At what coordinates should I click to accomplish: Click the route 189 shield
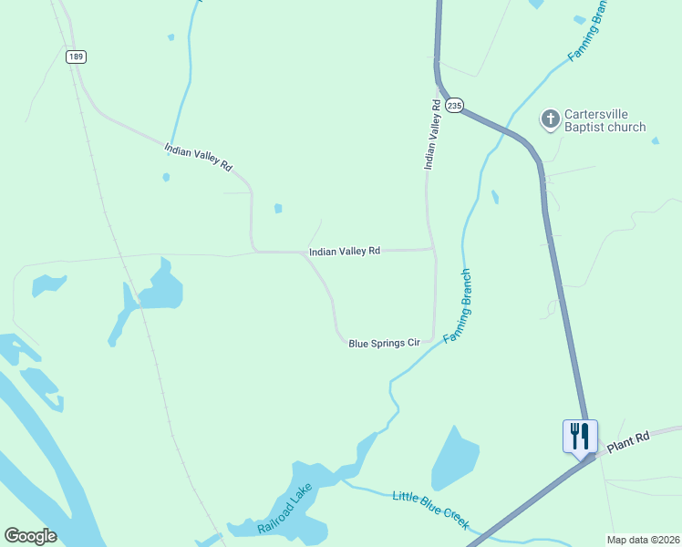point(76,57)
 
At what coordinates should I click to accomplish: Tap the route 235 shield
point(455,107)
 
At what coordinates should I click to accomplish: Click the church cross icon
point(550,119)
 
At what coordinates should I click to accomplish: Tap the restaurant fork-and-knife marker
point(579,435)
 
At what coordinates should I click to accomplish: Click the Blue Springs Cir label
point(384,343)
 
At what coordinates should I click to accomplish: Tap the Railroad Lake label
point(284,510)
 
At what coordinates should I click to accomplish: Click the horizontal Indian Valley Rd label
point(344,251)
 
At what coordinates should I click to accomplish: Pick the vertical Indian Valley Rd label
point(432,135)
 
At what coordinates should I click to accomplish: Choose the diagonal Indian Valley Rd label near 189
point(199,157)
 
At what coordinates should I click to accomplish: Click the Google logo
point(30,536)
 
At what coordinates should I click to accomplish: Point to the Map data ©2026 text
point(644,540)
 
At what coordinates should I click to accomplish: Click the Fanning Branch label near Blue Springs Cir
point(458,306)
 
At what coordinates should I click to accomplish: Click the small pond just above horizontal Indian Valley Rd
point(278,208)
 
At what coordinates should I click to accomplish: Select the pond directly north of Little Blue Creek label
point(455,456)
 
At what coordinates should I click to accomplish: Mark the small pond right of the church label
point(655,140)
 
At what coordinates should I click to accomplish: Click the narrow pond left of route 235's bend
point(495,197)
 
